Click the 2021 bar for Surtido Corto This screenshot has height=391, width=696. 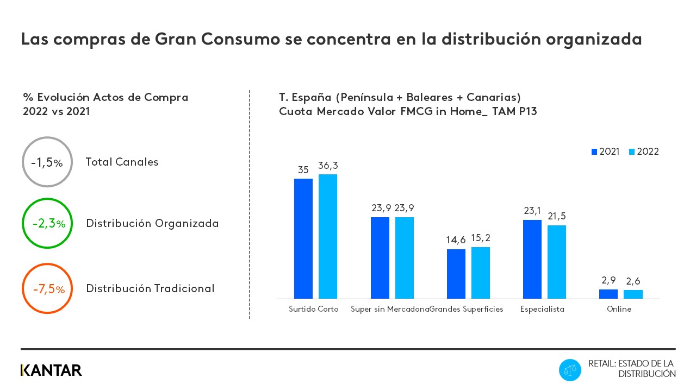tap(303, 238)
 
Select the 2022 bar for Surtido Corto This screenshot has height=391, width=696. tap(328, 236)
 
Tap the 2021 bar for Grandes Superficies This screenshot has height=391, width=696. tap(456, 274)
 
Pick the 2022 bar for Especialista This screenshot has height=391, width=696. tap(557, 262)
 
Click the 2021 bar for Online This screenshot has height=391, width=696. tap(608, 294)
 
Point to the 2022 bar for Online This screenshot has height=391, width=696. tap(633, 294)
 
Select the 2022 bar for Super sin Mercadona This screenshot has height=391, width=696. tap(405, 258)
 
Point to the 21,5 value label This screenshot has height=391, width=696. tap(557, 216)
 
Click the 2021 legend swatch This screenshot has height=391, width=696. tap(594, 152)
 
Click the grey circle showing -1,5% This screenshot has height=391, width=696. tap(47, 162)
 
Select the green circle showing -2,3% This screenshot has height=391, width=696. tap(47, 223)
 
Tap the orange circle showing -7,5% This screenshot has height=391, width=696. tap(47, 289)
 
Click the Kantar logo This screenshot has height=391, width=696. tap(51, 370)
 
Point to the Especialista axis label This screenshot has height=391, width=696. tap(542, 309)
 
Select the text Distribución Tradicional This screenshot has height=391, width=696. tap(150, 288)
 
